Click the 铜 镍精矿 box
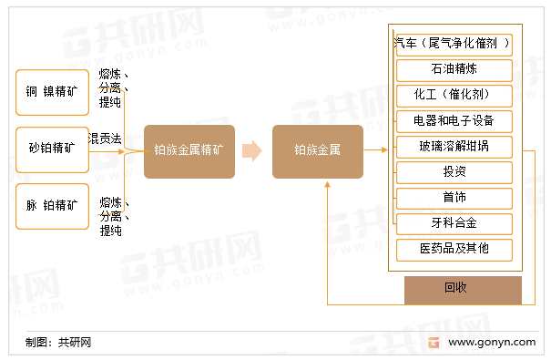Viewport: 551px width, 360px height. [x=53, y=92]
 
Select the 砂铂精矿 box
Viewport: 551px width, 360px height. [x=53, y=149]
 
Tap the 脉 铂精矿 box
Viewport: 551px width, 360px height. [x=53, y=205]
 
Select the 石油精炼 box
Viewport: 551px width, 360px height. [x=454, y=69]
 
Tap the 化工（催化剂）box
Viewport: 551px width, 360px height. [x=454, y=95]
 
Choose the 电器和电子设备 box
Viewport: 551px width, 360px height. [x=454, y=120]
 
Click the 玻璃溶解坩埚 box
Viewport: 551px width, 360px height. [x=454, y=146]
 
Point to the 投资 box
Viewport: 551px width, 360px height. [x=454, y=172]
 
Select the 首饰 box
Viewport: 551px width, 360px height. [x=454, y=198]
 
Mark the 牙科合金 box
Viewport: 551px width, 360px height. [x=454, y=223]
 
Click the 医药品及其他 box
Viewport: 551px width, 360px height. [x=454, y=249]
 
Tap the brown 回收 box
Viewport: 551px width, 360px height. [x=463, y=289]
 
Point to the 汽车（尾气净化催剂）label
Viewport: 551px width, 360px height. [x=452, y=43]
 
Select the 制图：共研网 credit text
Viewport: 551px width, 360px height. [x=58, y=343]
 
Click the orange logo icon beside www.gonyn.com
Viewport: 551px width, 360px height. [x=434, y=342]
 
